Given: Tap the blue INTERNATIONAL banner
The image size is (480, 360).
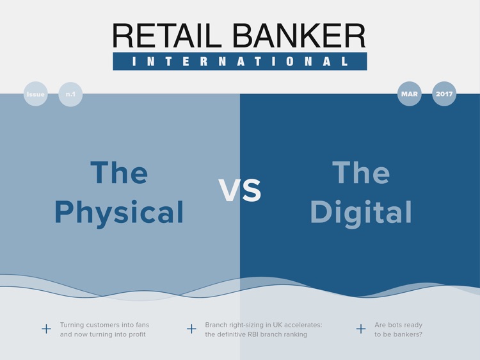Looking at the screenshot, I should (240, 61).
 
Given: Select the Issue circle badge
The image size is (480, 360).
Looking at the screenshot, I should (36, 94).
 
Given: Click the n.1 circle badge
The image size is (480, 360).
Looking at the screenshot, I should (70, 94).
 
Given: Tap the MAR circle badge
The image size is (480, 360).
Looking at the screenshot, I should (409, 94).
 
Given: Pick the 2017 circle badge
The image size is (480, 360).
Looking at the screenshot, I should (444, 94).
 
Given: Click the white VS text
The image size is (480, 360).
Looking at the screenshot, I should (240, 190).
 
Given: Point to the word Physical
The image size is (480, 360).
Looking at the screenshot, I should (119, 212).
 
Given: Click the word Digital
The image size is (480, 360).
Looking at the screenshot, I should (360, 212).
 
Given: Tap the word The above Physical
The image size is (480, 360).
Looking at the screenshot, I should (119, 172).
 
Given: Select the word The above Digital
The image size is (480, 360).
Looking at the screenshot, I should (360, 172).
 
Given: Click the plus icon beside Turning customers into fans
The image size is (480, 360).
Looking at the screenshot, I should (46, 329).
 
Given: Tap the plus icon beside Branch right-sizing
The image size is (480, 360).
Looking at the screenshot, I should (191, 329).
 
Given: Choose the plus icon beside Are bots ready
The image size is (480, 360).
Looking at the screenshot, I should (361, 329).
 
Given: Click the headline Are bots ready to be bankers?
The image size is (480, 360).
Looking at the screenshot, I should (398, 329).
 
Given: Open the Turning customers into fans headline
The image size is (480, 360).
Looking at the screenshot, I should (104, 329).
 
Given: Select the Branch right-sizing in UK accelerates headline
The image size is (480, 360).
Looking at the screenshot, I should (263, 329).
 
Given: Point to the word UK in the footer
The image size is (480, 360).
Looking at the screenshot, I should (277, 325).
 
